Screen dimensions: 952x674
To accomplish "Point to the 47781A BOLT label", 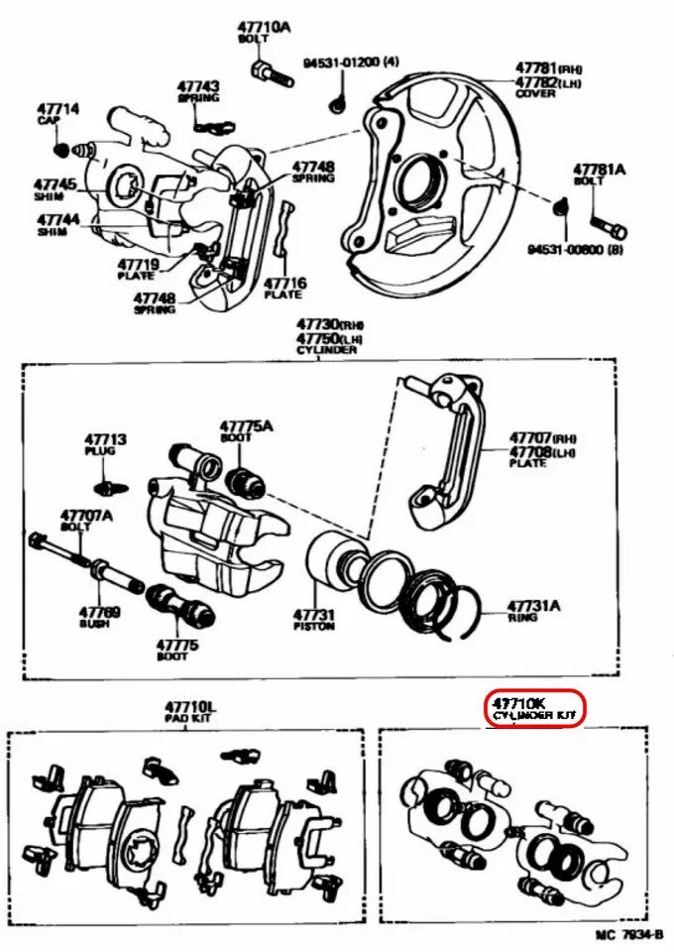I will coord(599,176).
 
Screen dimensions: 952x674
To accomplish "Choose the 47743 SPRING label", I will coord(198,92).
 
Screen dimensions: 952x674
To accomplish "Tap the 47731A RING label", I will coord(532,610).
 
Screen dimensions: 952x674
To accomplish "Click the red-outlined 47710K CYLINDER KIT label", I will coord(534,707).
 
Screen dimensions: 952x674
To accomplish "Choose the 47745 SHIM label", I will coord(55,189).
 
